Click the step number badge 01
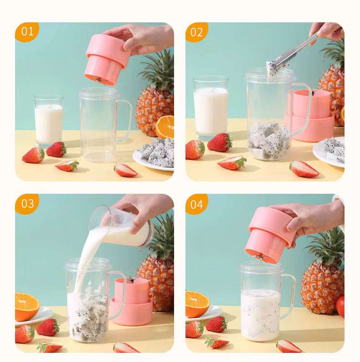27,31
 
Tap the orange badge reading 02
197,32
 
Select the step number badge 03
27,203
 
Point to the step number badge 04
197,204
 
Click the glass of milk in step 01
48,122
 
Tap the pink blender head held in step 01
105,59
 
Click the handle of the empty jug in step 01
125,121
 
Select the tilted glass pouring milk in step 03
121,226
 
